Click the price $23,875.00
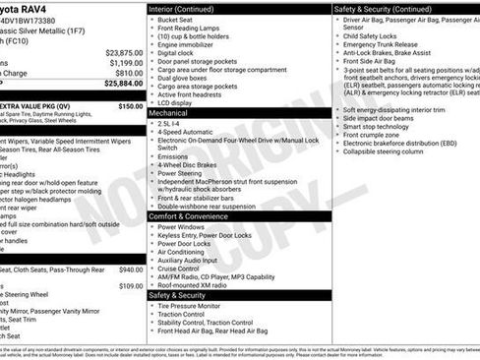(x=124, y=52)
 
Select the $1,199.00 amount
(x=126, y=63)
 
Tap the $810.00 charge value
(x=129, y=73)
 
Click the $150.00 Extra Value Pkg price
(x=130, y=105)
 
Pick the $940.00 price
(x=130, y=269)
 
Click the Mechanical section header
(x=168, y=113)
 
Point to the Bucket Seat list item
(x=175, y=19)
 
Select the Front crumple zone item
(x=375, y=135)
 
